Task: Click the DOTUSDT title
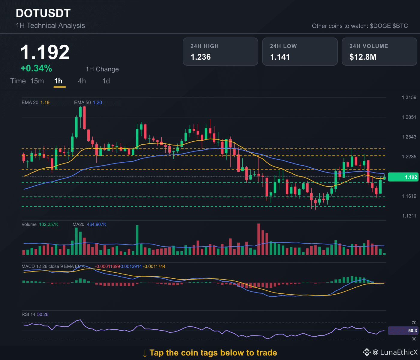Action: click(x=43, y=13)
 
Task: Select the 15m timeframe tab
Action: click(x=37, y=81)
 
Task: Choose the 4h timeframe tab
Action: click(x=82, y=81)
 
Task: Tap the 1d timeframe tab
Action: click(x=106, y=81)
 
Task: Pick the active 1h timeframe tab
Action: click(x=58, y=81)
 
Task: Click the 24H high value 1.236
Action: click(x=201, y=57)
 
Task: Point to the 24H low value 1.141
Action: click(x=280, y=57)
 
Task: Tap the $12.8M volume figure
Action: click(x=363, y=57)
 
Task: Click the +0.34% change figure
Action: click(x=36, y=68)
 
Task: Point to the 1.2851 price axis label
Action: click(x=409, y=117)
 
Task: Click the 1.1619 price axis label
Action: click(x=409, y=196)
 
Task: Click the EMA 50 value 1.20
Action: click(x=97, y=102)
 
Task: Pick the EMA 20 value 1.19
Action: click(x=45, y=102)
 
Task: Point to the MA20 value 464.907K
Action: click(x=97, y=224)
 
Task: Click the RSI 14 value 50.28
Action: click(x=43, y=314)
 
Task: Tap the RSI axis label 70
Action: click(x=414, y=322)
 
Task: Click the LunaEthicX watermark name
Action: click(x=399, y=352)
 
